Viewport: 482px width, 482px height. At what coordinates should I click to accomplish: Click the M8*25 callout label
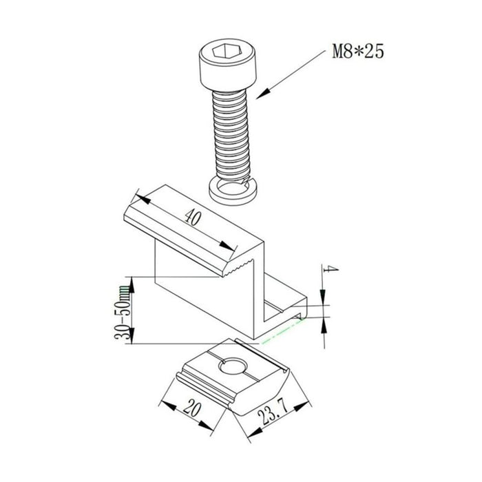coord(358,52)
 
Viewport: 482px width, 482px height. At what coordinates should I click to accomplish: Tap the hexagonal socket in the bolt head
coord(224,51)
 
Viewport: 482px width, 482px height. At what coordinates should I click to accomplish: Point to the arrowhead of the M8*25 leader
coord(263,94)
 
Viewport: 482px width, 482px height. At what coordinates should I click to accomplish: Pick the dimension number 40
coord(193,218)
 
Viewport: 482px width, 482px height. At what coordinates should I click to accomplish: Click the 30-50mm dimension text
coord(122,312)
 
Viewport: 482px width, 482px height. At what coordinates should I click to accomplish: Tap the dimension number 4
coord(331,269)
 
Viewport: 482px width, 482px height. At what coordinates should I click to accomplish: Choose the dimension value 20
coord(192,408)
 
